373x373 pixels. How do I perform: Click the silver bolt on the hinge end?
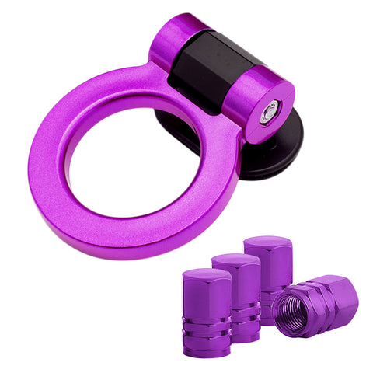coord(270,113)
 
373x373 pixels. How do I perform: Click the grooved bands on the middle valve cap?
coord(245,322)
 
